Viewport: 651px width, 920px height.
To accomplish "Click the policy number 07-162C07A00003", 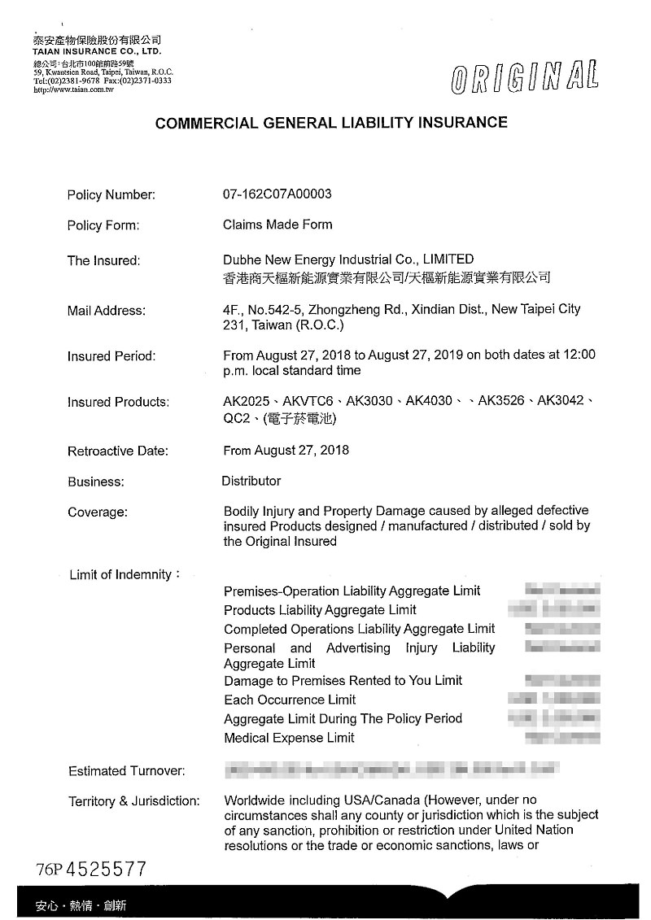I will [x=277, y=194].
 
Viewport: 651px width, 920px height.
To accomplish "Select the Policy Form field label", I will [x=103, y=225].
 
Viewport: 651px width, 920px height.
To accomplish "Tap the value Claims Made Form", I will [x=277, y=225].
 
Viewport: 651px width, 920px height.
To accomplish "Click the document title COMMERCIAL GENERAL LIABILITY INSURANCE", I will [x=331, y=123].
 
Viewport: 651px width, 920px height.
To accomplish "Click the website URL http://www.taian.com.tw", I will [x=73, y=89].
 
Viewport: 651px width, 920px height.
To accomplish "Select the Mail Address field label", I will [x=107, y=311].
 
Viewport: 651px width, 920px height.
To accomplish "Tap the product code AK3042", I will [x=561, y=401].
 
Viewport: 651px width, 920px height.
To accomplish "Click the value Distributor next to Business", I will [x=251, y=481].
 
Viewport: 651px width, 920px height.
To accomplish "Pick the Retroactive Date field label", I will [x=118, y=451].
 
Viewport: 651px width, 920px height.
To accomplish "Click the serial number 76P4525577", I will [x=91, y=869].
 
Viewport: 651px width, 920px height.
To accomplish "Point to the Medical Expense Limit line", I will [x=289, y=738].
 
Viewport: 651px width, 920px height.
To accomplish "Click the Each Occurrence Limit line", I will [x=290, y=700].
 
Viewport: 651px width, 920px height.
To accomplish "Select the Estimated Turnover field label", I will [x=127, y=770].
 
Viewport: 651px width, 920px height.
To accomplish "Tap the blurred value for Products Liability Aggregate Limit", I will [x=553, y=608].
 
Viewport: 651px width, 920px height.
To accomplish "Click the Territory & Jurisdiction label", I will [x=133, y=801].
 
